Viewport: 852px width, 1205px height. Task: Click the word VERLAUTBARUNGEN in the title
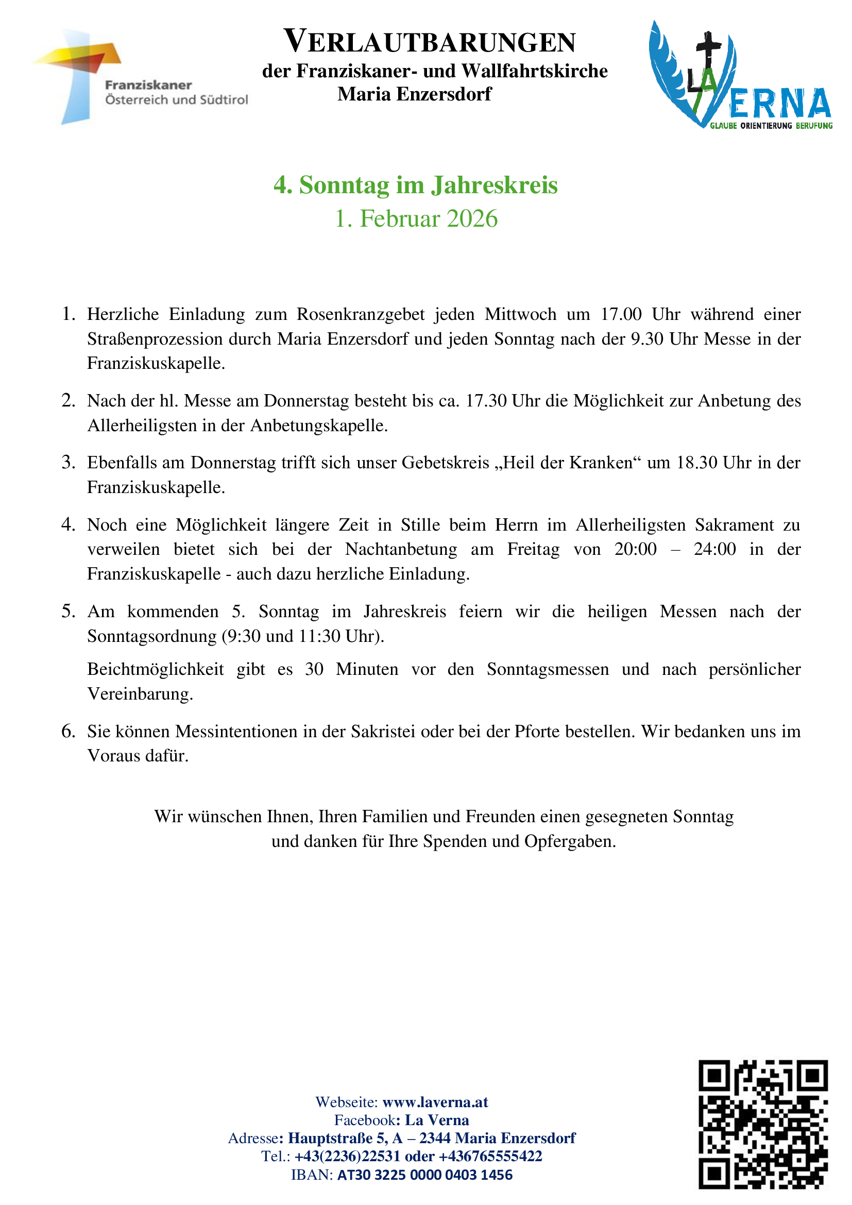[x=430, y=42]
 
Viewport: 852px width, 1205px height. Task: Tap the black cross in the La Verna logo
[x=708, y=53]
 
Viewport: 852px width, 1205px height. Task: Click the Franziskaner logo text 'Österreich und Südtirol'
[x=176, y=100]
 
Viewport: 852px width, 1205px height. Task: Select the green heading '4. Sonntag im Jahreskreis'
[x=416, y=185]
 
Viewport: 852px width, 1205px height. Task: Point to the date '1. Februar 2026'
[x=416, y=218]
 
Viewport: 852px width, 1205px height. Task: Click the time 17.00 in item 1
[x=621, y=314]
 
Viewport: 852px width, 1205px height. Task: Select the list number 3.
[x=68, y=462]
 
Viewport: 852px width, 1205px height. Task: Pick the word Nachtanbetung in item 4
[x=401, y=549]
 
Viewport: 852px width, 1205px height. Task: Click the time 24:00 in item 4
[x=714, y=549]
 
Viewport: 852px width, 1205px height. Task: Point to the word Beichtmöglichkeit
[x=155, y=669]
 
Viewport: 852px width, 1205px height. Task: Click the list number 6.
[x=68, y=731]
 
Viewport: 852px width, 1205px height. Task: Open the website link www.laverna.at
[x=435, y=1101]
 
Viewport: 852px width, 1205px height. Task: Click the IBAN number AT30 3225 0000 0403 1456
[x=424, y=1175]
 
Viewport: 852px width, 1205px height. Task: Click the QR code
[x=762, y=1124]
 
